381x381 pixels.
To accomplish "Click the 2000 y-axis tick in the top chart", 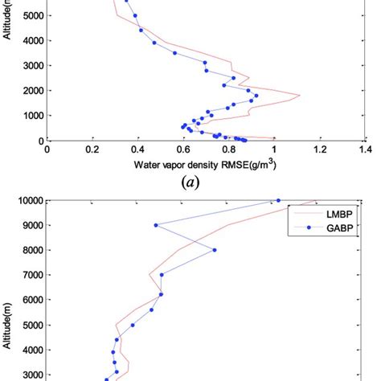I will click(x=31, y=90).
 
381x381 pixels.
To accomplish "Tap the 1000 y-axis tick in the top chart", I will click(x=31, y=115).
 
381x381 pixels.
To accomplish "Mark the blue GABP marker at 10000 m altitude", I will click(x=278, y=200).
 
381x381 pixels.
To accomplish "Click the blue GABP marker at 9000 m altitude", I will click(x=155, y=225).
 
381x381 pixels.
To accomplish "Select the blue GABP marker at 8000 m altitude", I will click(x=214, y=250).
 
